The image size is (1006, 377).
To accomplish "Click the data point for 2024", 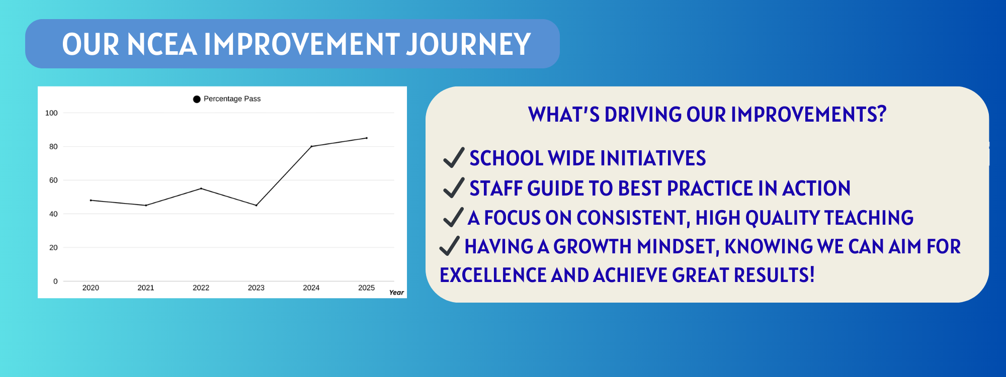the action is click(311, 146).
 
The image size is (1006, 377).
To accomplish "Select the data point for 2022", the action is click(201, 189).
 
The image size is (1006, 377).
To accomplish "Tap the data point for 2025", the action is click(367, 138).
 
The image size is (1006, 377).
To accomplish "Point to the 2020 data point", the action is click(91, 200).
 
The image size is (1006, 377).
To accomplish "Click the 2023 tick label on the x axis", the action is click(256, 288).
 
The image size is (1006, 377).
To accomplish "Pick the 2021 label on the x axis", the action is click(146, 288).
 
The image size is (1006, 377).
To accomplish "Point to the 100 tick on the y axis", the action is click(51, 113).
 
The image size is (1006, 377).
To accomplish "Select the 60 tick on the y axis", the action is click(53, 180).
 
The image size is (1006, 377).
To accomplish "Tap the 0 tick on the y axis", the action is click(55, 281).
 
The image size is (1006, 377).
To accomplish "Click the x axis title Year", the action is click(396, 293).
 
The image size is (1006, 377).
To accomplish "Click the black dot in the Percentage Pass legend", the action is click(197, 99).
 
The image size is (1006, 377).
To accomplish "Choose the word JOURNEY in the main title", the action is click(468, 44).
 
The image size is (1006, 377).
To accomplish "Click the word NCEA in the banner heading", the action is click(162, 44).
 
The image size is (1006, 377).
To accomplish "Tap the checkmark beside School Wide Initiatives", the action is click(454, 157).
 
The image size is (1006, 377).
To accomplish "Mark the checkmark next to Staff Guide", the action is click(454, 187).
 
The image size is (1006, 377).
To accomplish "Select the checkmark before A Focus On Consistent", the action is click(453, 217).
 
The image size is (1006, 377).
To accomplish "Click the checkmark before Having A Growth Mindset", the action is click(450, 246).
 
